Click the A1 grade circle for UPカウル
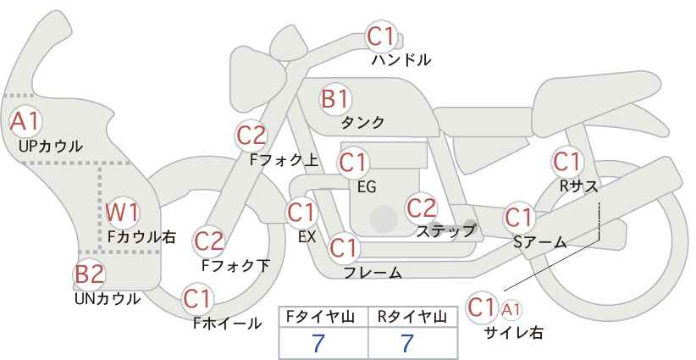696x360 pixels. [x=24, y=122]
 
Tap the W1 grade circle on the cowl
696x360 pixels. [x=123, y=213]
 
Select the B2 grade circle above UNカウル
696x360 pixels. [x=89, y=274]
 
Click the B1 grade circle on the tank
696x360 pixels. [x=335, y=99]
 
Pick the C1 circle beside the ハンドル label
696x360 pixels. [x=381, y=36]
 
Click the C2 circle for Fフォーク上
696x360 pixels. [x=251, y=135]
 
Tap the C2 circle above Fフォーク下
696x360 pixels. [x=208, y=241]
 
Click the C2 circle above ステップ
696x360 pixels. [x=421, y=208]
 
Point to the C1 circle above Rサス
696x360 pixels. [x=566, y=160]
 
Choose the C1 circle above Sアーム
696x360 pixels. [x=519, y=217]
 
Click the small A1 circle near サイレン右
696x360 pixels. [x=511, y=308]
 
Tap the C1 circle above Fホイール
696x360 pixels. [x=197, y=298]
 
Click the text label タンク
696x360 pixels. [x=362, y=123]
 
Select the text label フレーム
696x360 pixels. [x=373, y=273]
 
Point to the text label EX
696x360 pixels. [x=307, y=237]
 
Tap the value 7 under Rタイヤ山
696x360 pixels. [x=406, y=342]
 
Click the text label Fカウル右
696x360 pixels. [x=141, y=238]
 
